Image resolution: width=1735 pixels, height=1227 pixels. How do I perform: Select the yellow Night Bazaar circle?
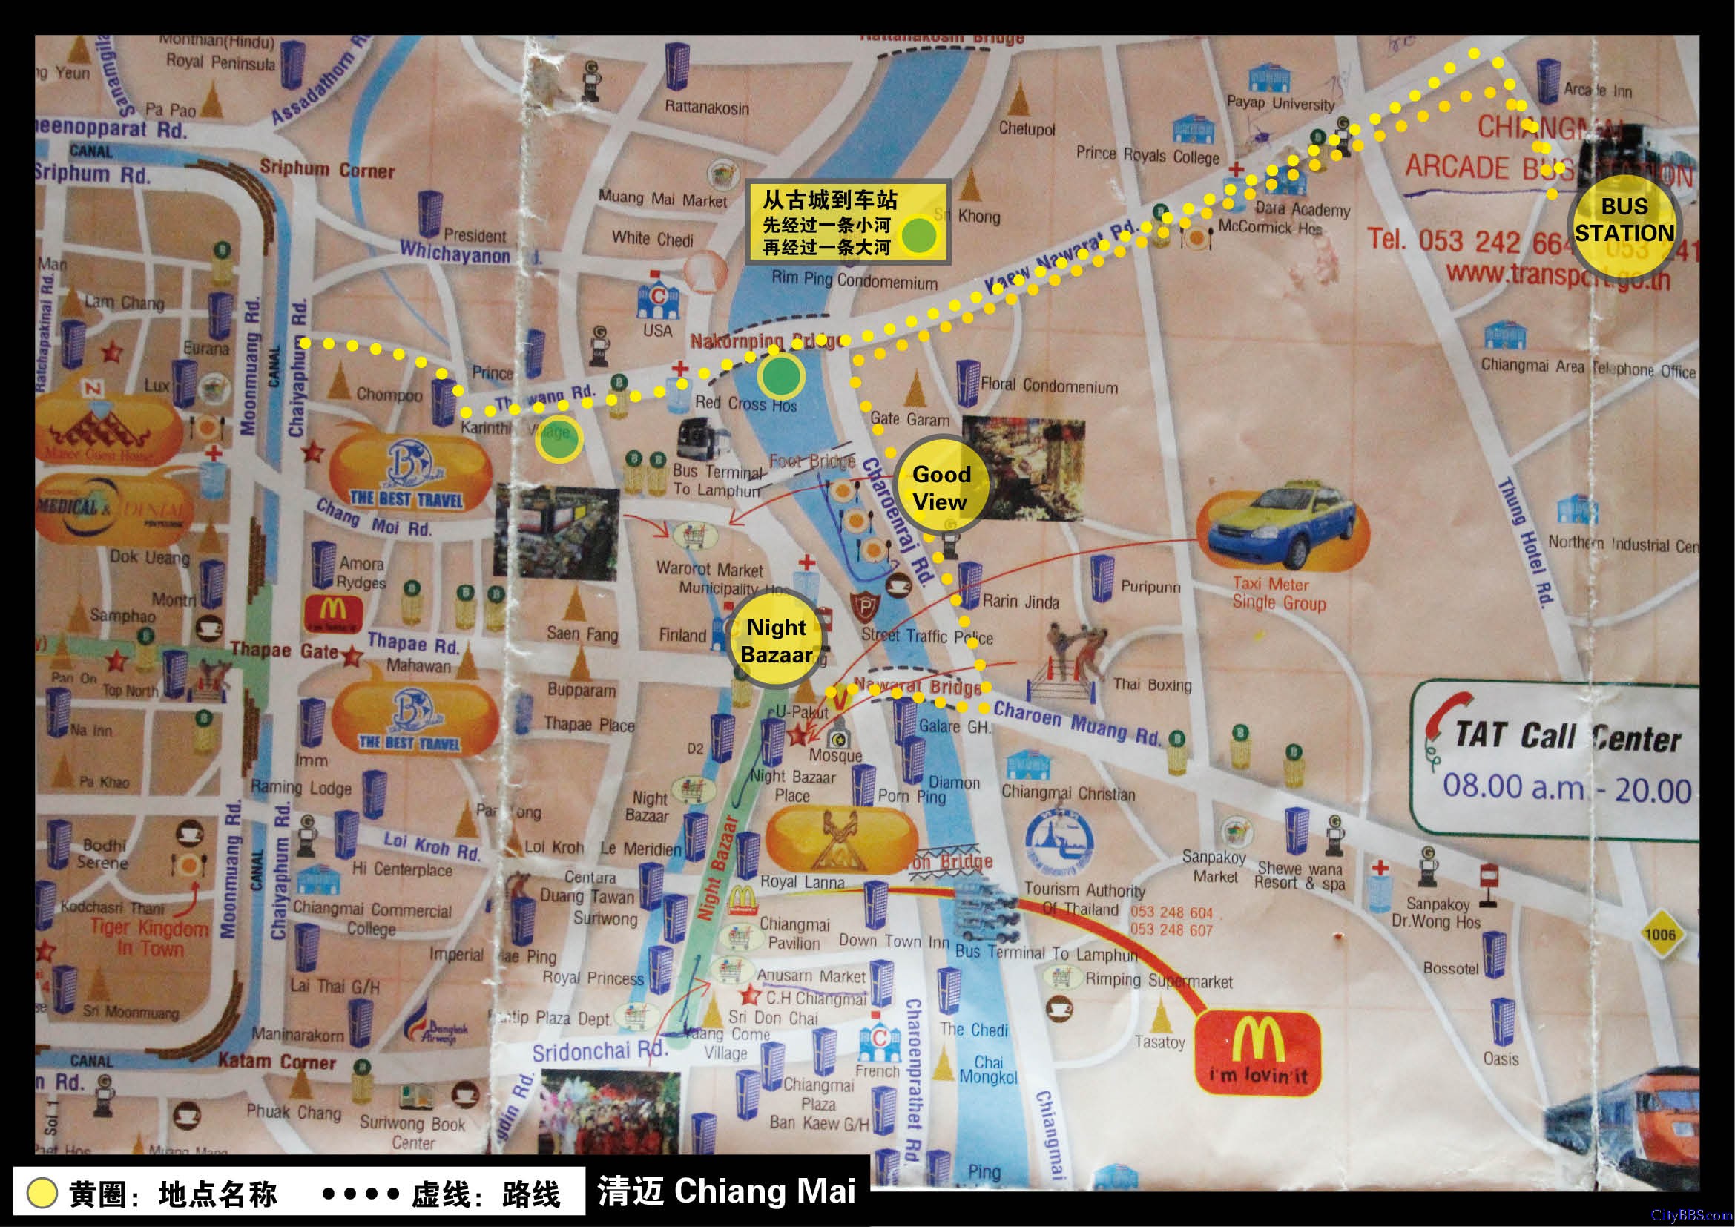(x=776, y=641)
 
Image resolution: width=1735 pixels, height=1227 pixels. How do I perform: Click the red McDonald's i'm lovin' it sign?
(x=1257, y=1054)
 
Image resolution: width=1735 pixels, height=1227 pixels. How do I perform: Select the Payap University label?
(x=1280, y=104)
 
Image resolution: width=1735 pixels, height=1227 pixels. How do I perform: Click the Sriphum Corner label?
(x=326, y=169)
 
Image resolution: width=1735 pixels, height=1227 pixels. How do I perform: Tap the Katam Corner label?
(x=277, y=1062)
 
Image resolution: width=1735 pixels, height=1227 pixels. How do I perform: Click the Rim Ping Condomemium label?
(x=854, y=280)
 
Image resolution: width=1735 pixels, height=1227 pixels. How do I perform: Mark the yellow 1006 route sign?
(x=1659, y=934)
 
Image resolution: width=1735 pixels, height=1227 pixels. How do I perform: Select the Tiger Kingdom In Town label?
(x=150, y=938)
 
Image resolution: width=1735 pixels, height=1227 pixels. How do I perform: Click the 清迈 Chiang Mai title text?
(x=726, y=1191)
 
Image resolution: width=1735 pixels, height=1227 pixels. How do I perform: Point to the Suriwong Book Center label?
(x=412, y=1133)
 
